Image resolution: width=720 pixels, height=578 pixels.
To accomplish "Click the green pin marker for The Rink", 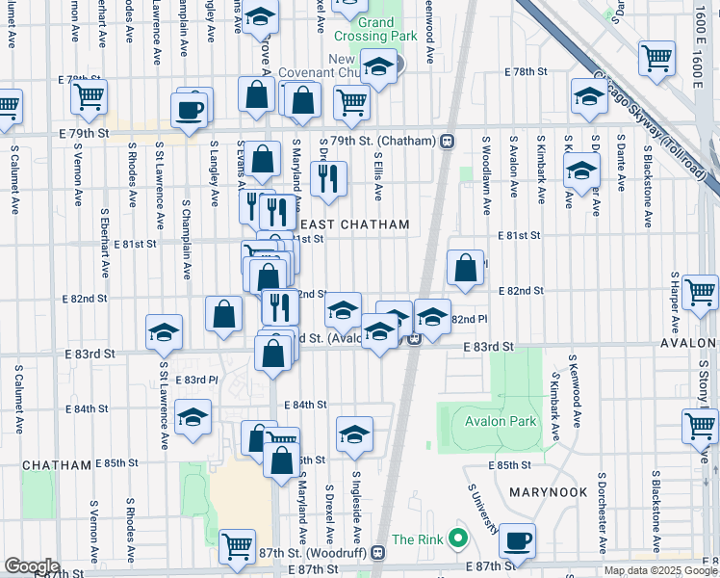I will pyautogui.click(x=458, y=537).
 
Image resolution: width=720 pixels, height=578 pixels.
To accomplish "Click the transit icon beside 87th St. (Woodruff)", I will pyautogui.click(x=377, y=552).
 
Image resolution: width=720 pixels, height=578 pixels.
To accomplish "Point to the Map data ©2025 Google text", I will pyautogui.click(x=659, y=570).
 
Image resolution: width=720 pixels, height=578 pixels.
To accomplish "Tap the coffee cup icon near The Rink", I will pyautogui.click(x=518, y=540).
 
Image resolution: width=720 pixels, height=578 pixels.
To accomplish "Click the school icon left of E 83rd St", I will pyautogui.click(x=165, y=331).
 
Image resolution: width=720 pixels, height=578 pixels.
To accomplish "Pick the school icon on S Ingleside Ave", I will pyautogui.click(x=354, y=434).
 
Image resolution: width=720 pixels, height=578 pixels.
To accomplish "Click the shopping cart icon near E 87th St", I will pyautogui.click(x=237, y=546).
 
